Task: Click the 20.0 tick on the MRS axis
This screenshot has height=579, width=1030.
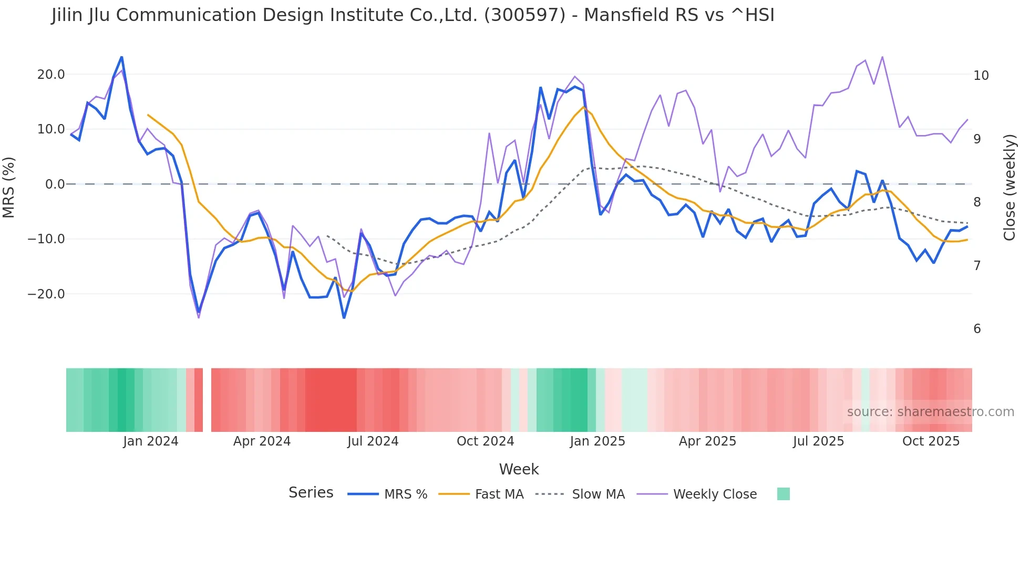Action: tap(50, 74)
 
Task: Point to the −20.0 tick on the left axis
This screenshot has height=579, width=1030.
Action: tap(46, 294)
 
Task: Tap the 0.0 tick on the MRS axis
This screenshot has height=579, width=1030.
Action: tap(55, 184)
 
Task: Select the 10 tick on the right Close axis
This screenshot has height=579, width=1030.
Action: tap(981, 75)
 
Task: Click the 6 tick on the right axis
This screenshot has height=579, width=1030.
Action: tap(977, 328)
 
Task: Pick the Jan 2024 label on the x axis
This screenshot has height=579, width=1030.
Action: tap(151, 441)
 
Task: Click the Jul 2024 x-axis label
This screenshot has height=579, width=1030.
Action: tap(373, 441)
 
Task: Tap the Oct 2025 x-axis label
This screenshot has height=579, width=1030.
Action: tap(931, 441)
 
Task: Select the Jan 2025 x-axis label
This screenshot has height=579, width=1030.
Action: tap(598, 441)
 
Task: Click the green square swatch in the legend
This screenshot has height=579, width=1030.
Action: tap(783, 494)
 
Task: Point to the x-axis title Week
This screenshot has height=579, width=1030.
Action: tap(519, 469)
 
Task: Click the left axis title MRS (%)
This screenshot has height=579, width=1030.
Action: tap(8, 187)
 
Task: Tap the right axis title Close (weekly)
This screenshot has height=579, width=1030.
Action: tap(1009, 188)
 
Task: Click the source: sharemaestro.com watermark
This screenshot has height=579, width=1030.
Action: tap(930, 411)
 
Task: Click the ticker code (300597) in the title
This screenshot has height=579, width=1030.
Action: tap(524, 15)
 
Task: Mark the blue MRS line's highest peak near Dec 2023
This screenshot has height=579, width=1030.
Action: tap(122, 57)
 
